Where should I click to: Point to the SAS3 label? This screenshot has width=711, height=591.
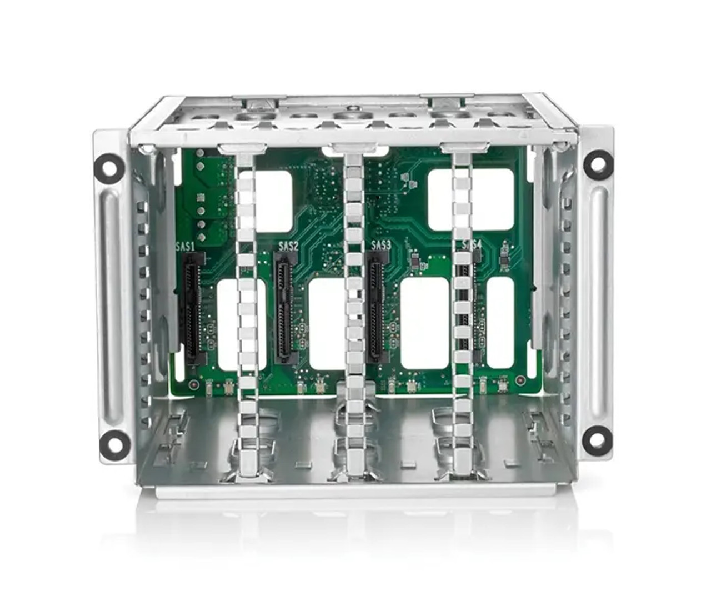point(380,245)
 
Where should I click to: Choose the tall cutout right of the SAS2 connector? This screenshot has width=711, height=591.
point(327,324)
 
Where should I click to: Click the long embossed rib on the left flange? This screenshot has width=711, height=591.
point(109,303)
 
